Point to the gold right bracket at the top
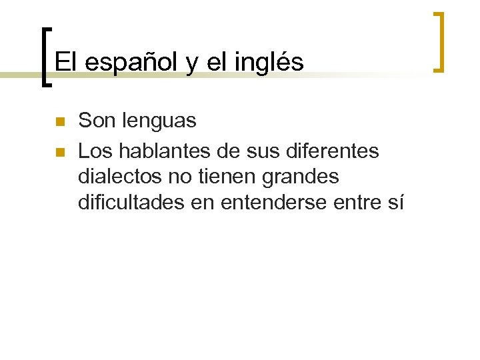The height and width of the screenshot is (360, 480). coord(439,41)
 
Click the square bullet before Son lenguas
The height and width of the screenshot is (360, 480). coord(59,122)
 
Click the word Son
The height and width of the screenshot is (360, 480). coord(94,121)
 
